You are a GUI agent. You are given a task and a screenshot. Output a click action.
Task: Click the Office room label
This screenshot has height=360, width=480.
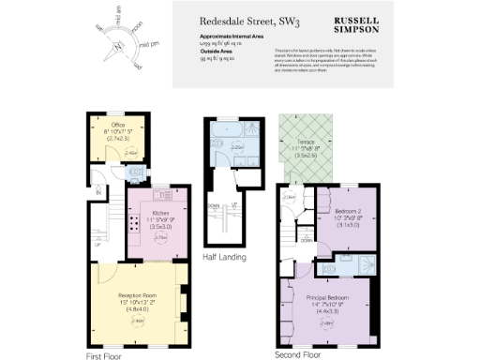(118, 123)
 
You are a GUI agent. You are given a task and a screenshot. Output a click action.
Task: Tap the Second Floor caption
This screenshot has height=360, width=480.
(298, 355)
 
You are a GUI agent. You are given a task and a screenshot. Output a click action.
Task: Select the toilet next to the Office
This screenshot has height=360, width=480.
(137, 173)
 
